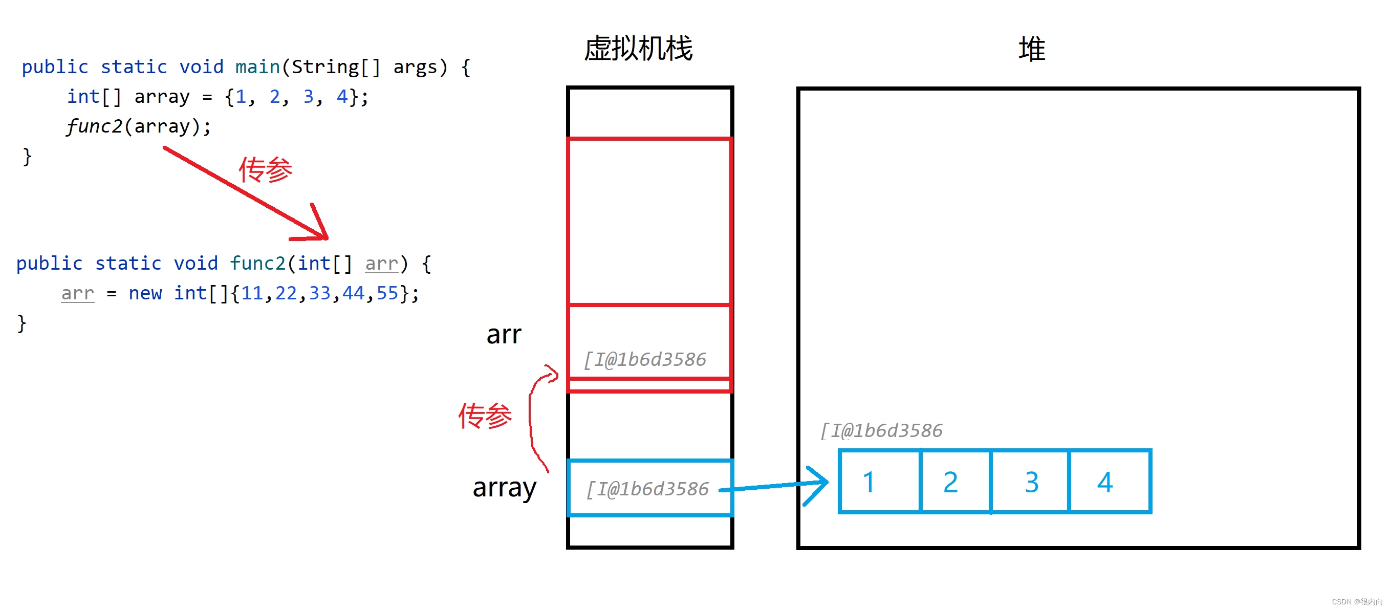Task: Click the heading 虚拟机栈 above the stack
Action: coord(638,49)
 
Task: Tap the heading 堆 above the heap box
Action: coord(1031,50)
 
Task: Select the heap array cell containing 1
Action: coord(880,482)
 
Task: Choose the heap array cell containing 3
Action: coord(1030,482)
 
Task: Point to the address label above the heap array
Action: coord(881,430)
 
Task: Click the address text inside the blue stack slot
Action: coord(647,489)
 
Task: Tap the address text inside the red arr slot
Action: coord(645,359)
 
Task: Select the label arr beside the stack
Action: coord(504,334)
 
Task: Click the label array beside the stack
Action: coord(504,488)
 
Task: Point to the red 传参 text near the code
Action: coord(266,170)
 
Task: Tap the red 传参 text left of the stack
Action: coord(485,416)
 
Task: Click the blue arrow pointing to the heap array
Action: coord(777,486)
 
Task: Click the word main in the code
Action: coord(257,67)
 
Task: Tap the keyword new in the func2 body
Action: coord(145,293)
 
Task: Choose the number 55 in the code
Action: coord(387,293)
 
